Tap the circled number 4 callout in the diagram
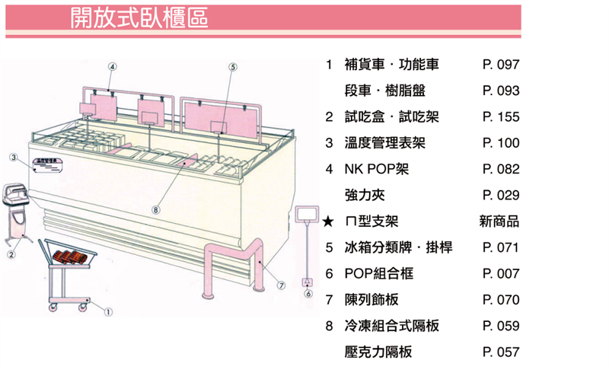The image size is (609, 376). coord(113,67)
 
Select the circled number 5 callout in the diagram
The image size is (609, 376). coord(232,67)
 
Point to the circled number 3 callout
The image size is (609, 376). coord(14,157)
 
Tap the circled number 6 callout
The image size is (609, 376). coord(308,294)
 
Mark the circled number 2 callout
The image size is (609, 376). coord(11,254)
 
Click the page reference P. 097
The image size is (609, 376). coord(500,65)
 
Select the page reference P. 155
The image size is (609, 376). coord(500,117)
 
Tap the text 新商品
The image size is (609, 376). coord(499,221)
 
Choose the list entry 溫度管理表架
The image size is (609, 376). coord(384,143)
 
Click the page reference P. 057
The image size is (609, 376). coord(500,352)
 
